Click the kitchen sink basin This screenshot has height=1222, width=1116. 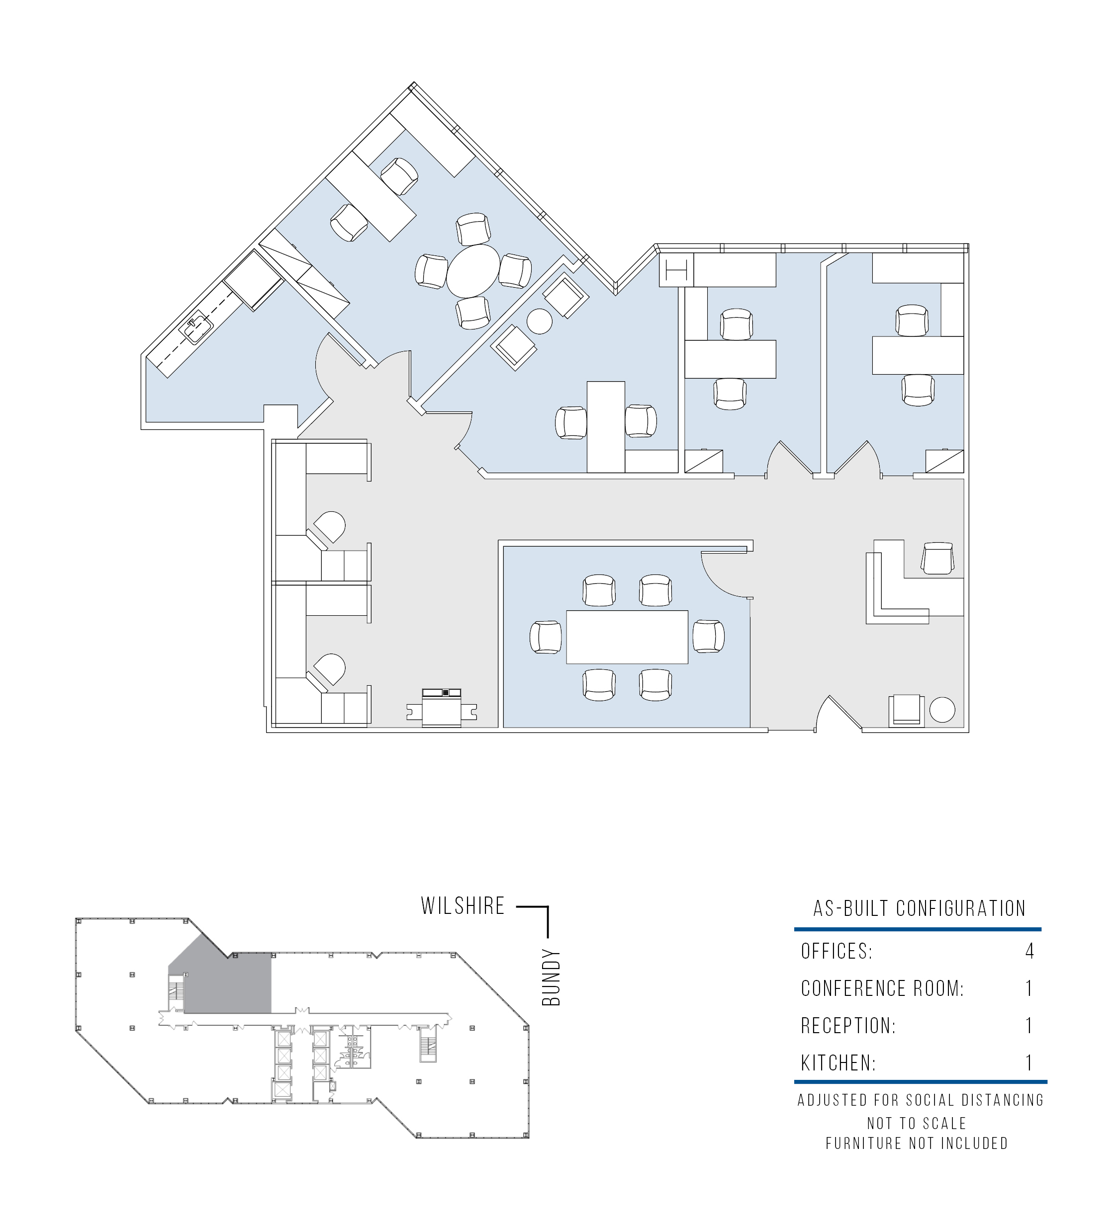(198, 328)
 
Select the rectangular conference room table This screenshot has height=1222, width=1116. (627, 637)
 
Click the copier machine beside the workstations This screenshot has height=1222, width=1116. (442, 707)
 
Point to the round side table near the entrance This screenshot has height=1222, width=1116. (942, 710)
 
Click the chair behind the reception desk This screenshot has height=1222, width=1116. (937, 558)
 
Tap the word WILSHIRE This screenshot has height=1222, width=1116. (463, 923)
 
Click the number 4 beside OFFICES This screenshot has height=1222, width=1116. (1029, 969)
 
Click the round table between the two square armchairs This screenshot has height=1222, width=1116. (539, 321)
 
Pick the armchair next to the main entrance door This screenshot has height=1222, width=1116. (907, 711)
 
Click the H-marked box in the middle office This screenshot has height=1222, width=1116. (676, 270)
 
